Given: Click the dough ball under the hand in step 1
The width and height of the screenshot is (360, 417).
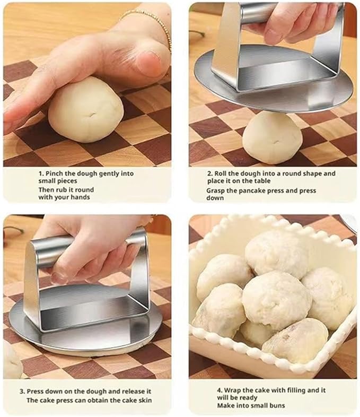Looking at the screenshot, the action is [85, 110].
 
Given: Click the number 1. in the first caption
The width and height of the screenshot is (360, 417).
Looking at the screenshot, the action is [41, 173].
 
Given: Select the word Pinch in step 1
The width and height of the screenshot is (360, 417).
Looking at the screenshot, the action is [54, 173].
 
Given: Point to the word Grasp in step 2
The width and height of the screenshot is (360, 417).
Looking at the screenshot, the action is [215, 191].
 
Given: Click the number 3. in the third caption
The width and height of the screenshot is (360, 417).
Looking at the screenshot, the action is [22, 392].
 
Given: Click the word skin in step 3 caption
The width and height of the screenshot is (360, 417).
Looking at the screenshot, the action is [146, 400].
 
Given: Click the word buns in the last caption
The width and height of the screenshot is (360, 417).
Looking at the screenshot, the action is [277, 405].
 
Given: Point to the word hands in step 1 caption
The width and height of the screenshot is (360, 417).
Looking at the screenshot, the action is [80, 197].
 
